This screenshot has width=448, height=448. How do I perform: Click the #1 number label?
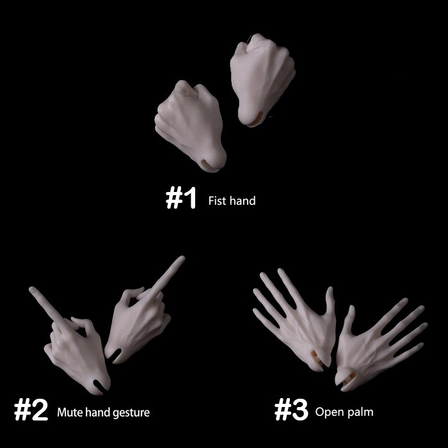point(181,198)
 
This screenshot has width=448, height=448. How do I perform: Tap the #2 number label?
point(31,410)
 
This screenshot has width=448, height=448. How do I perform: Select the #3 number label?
point(291,410)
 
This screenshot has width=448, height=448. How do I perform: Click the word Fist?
point(217,200)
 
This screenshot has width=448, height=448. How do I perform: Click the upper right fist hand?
point(261,80)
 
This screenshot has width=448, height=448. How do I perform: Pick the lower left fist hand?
point(191,125)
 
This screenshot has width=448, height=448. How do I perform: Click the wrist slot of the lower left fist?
point(208,166)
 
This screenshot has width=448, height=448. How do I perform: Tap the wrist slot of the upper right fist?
point(257,119)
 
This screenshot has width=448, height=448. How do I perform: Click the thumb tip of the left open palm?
point(330,290)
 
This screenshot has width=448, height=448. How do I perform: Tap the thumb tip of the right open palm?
point(351,308)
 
